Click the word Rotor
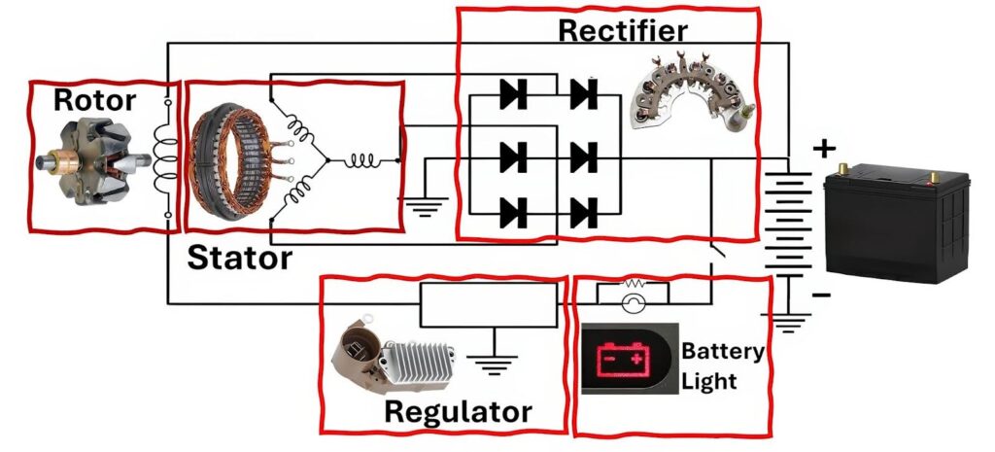point(94,100)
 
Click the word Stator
point(239,258)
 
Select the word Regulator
point(458,411)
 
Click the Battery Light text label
point(722,365)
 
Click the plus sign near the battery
point(824,149)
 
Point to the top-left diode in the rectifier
point(512,94)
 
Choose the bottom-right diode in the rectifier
point(584,211)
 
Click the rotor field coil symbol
point(169,157)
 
